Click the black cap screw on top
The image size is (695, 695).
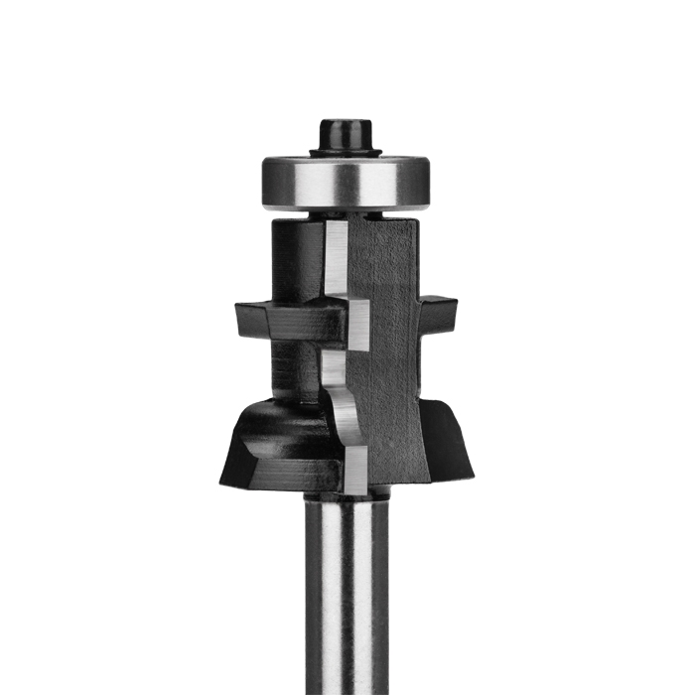coord(344,134)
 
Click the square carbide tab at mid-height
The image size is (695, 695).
coord(357,324)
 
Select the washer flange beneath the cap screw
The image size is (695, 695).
coord(345,152)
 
